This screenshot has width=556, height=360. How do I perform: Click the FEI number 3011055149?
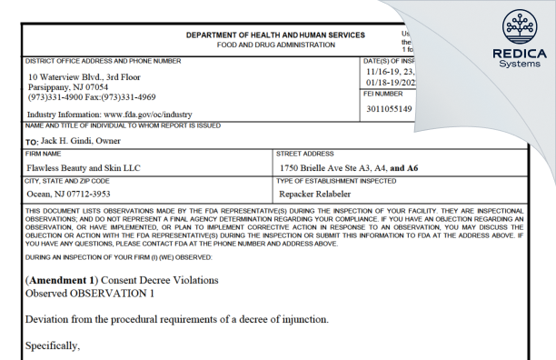point(388,109)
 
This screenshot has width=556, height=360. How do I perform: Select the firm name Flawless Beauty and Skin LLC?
point(84,168)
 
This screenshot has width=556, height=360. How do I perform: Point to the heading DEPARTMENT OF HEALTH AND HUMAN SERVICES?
point(275,35)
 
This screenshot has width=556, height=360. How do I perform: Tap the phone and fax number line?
point(92,97)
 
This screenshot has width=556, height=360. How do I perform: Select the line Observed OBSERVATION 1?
point(90,294)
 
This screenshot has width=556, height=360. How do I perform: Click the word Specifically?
point(53,346)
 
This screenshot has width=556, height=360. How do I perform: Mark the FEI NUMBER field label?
point(382,94)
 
